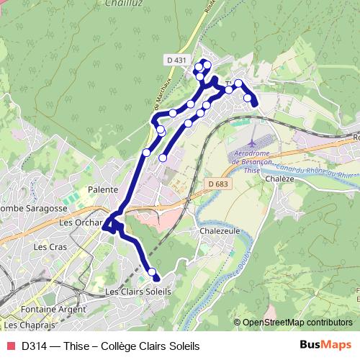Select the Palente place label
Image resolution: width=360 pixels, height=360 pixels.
(x=102, y=189)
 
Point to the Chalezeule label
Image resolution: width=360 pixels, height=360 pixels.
(x=220, y=232)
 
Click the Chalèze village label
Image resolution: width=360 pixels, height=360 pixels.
(x=278, y=179)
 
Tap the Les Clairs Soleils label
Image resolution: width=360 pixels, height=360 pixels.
(x=138, y=292)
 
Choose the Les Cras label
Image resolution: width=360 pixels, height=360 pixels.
(x=50, y=246)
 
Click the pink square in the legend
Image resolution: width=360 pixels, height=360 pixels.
(x=10, y=346)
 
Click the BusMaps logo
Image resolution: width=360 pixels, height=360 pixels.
(x=325, y=345)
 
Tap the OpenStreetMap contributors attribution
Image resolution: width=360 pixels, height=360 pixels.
(x=297, y=323)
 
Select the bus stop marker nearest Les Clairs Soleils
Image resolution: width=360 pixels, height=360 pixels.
(x=151, y=272)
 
